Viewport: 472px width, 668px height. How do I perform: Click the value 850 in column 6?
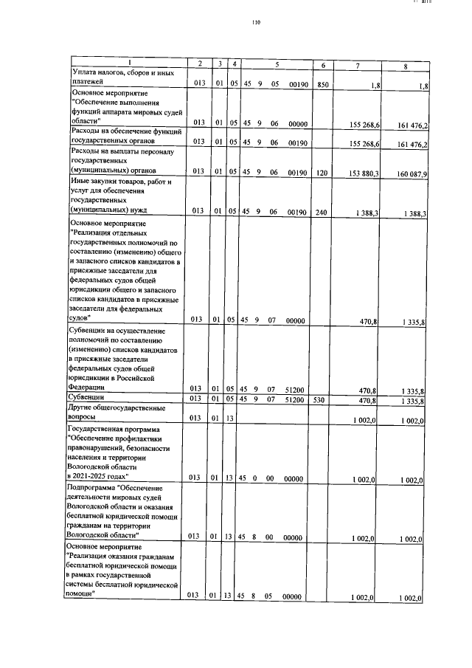pos(322,86)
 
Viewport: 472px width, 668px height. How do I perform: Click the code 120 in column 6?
pos(322,173)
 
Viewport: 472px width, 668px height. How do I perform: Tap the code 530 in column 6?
pos(322,400)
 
